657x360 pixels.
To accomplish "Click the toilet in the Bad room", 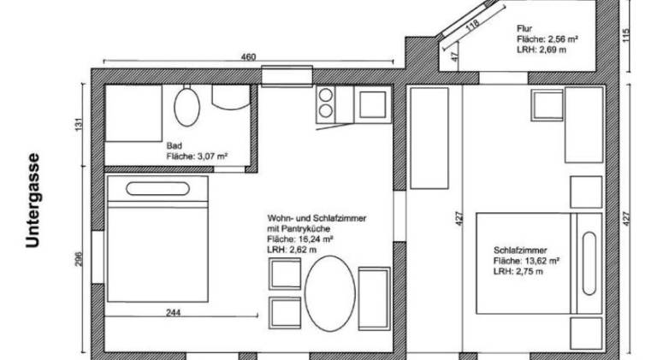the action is (186, 106).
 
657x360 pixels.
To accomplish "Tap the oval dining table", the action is (329, 293).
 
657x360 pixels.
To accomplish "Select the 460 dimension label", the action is (248, 57).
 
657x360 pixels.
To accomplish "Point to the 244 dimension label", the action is (173, 313).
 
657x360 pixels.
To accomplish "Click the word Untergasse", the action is (33, 201).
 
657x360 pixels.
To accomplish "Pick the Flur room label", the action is (524, 29).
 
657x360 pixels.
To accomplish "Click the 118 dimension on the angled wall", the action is (472, 26).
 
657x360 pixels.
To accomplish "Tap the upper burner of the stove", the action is (326, 96).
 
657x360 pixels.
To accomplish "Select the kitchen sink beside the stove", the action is (372, 104).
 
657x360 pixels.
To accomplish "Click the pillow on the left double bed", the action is (157, 189).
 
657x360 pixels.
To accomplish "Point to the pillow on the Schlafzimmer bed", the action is (589, 263).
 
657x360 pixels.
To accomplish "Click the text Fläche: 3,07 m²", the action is (197, 156).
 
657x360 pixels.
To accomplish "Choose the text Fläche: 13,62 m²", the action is (527, 261).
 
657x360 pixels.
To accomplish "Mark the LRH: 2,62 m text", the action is (292, 250).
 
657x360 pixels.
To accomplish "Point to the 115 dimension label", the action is (627, 35).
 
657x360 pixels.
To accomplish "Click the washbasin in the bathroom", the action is (231, 97).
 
